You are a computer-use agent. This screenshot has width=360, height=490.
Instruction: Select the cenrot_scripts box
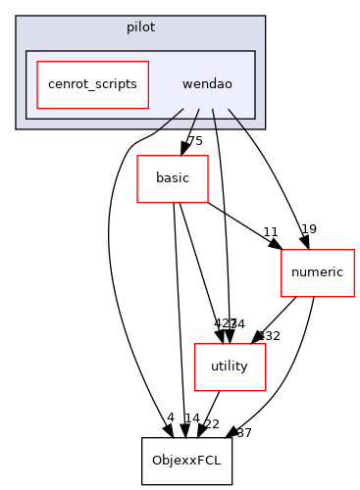[92, 84]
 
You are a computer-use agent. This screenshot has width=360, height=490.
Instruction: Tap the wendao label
[207, 84]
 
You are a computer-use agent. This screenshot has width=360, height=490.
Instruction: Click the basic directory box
[172, 179]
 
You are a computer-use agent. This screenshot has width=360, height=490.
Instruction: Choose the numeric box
[317, 271]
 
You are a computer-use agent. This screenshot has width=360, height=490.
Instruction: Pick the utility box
[230, 366]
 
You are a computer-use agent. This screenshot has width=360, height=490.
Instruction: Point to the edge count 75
[194, 142]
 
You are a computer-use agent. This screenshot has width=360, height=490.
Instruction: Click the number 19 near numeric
[308, 229]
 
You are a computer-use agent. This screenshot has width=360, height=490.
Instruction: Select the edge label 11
[271, 233]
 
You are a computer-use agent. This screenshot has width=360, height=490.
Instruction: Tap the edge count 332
[269, 336]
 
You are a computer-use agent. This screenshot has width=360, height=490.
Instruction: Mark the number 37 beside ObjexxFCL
[243, 432]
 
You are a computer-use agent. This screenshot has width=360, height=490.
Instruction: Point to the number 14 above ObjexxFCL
[192, 418]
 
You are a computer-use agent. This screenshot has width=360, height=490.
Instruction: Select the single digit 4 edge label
[170, 418]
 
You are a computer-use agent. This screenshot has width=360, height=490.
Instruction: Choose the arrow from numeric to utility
[275, 318]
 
